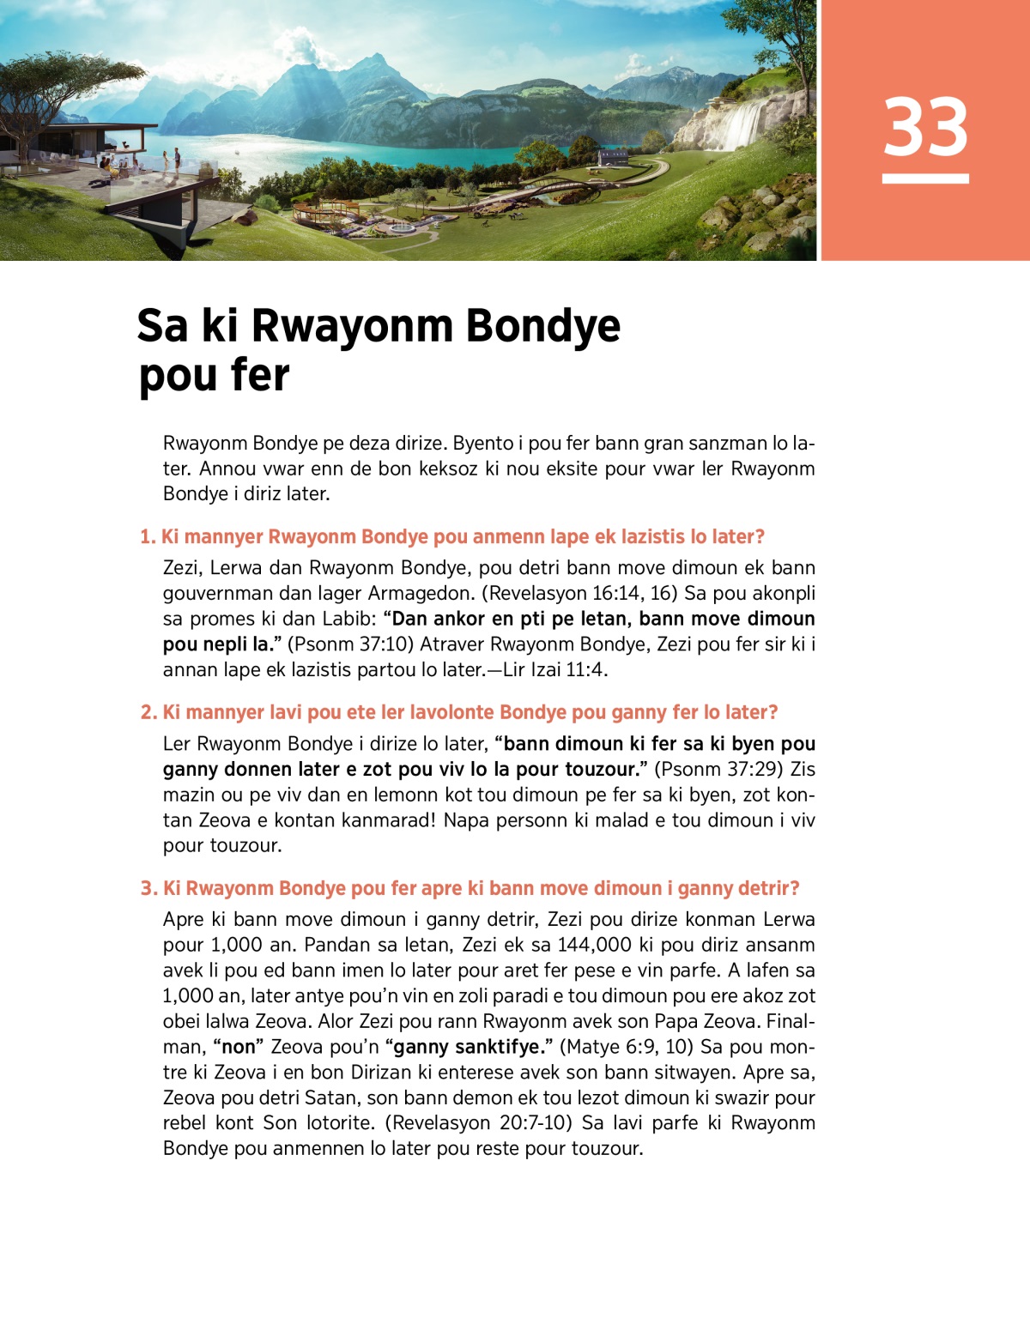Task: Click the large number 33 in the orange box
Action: [925, 127]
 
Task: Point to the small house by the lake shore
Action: [612, 158]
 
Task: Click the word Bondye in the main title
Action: [542, 326]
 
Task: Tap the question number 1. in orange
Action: [148, 537]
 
